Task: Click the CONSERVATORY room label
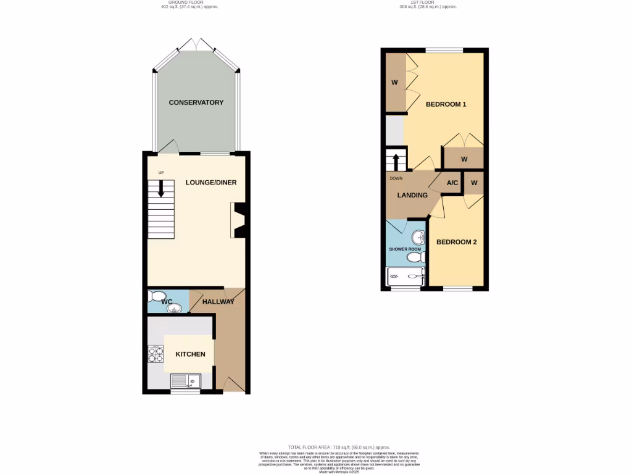[x=196, y=102]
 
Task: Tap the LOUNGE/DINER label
[x=211, y=183]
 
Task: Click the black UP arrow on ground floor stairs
[x=161, y=188]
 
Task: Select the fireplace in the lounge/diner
[x=238, y=220]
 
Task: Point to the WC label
[x=167, y=302]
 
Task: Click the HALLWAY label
[x=218, y=302]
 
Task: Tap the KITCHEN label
[x=190, y=354]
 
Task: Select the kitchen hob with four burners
[x=154, y=354]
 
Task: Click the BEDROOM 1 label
[x=446, y=104]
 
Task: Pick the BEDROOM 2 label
[x=457, y=242]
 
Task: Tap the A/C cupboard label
[x=452, y=183]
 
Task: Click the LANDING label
[x=412, y=195]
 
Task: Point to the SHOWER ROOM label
[x=404, y=249]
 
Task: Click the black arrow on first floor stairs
[x=396, y=162]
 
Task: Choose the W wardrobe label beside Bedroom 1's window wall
[x=394, y=82]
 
